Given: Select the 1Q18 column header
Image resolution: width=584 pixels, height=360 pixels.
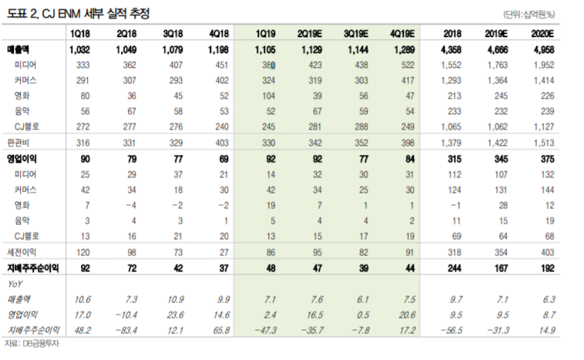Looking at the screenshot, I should coord(81,35).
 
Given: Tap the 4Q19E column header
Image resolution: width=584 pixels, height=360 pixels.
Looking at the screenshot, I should coord(404,35).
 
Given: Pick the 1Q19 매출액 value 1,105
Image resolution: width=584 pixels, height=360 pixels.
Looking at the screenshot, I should coord(266,50).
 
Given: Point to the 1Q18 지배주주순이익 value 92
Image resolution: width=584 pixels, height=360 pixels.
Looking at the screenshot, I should coord(86,267).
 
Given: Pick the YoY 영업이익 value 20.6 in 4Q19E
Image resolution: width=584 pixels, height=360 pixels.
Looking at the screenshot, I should coord(407,314).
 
